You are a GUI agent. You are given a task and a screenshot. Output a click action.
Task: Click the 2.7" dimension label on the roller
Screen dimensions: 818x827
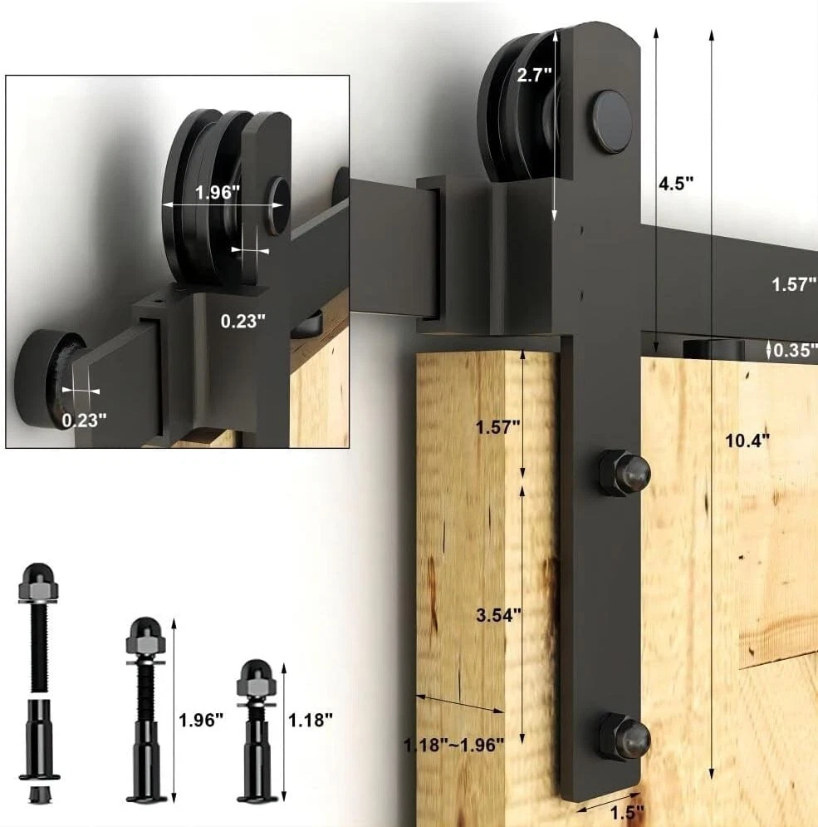click(x=534, y=75)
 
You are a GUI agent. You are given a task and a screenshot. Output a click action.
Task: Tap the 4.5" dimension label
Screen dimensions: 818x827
click(x=676, y=184)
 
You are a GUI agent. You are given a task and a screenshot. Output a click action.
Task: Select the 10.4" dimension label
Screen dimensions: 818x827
click(x=747, y=441)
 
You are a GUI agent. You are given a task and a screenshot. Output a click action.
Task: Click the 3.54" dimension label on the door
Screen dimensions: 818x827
click(x=498, y=615)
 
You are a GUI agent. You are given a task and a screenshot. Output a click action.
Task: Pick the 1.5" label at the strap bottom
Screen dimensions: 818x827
click(x=627, y=813)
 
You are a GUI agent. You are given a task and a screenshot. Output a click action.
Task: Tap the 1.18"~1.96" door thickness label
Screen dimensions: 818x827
click(x=454, y=746)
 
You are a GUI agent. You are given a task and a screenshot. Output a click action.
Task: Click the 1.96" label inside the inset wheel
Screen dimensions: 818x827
click(x=217, y=193)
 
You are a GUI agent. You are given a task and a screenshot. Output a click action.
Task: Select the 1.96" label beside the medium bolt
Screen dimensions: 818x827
click(x=201, y=720)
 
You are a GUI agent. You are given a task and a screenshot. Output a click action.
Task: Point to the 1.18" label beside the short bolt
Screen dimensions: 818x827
click(x=311, y=720)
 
